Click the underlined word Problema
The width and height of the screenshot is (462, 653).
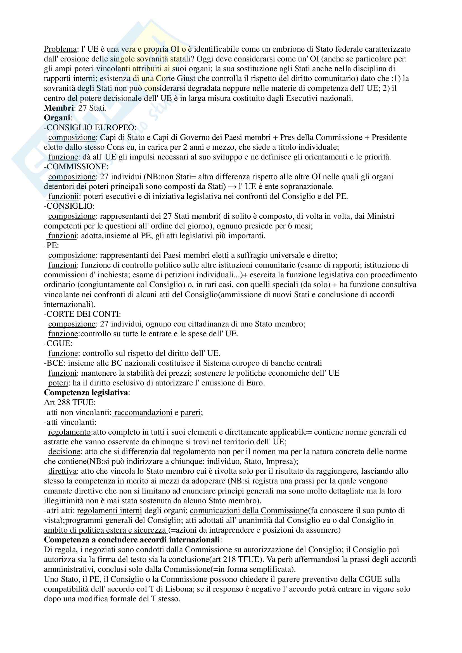point(60,49)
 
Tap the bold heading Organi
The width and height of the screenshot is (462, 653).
point(57,118)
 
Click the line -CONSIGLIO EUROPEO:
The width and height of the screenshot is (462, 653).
point(90,128)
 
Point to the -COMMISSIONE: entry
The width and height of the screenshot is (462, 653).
point(76,167)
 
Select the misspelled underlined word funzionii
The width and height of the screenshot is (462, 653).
point(63,196)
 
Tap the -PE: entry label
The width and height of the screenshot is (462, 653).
point(51,246)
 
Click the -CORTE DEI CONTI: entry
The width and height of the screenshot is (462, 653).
point(82,314)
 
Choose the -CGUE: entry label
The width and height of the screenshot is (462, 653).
point(58,344)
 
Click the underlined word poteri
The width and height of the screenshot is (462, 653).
point(58,383)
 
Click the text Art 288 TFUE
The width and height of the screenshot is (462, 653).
point(70,402)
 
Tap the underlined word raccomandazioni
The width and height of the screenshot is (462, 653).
point(143,413)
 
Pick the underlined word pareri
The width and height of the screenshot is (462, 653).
point(190,413)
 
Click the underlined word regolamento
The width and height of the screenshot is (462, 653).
point(70,432)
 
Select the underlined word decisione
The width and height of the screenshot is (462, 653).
point(64,452)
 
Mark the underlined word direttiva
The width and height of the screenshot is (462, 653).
point(62,471)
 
